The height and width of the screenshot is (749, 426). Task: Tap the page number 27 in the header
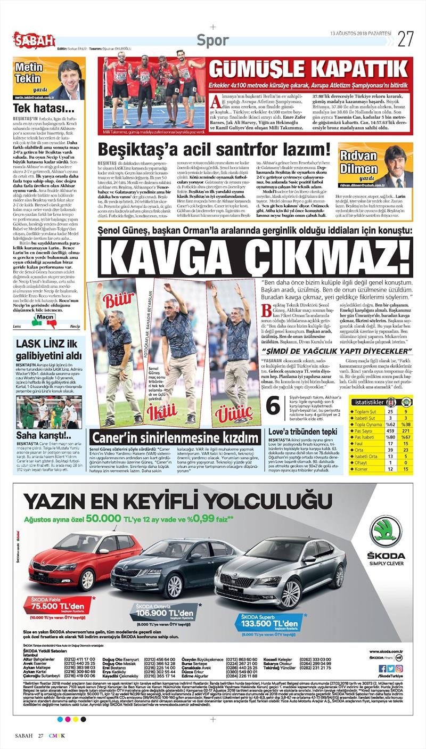(406, 39)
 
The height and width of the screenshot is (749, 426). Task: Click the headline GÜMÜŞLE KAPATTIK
(308, 69)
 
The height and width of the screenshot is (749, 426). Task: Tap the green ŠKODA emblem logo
(387, 531)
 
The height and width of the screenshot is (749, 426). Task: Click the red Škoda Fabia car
(85, 559)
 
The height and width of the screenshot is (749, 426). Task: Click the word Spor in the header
(213, 40)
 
